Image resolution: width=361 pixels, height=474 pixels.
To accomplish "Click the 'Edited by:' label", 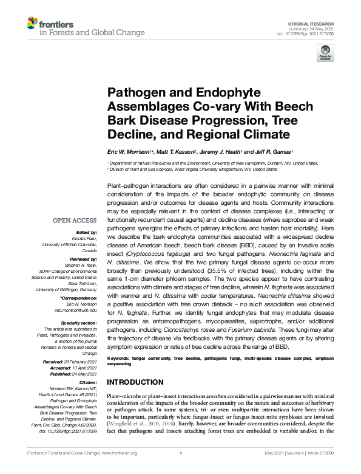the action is coord(86,232).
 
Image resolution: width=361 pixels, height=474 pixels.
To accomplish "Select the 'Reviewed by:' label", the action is coord(83,258).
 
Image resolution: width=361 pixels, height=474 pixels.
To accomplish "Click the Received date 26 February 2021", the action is coord(81,361).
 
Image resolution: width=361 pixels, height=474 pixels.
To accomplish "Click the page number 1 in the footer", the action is coord(181,469).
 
